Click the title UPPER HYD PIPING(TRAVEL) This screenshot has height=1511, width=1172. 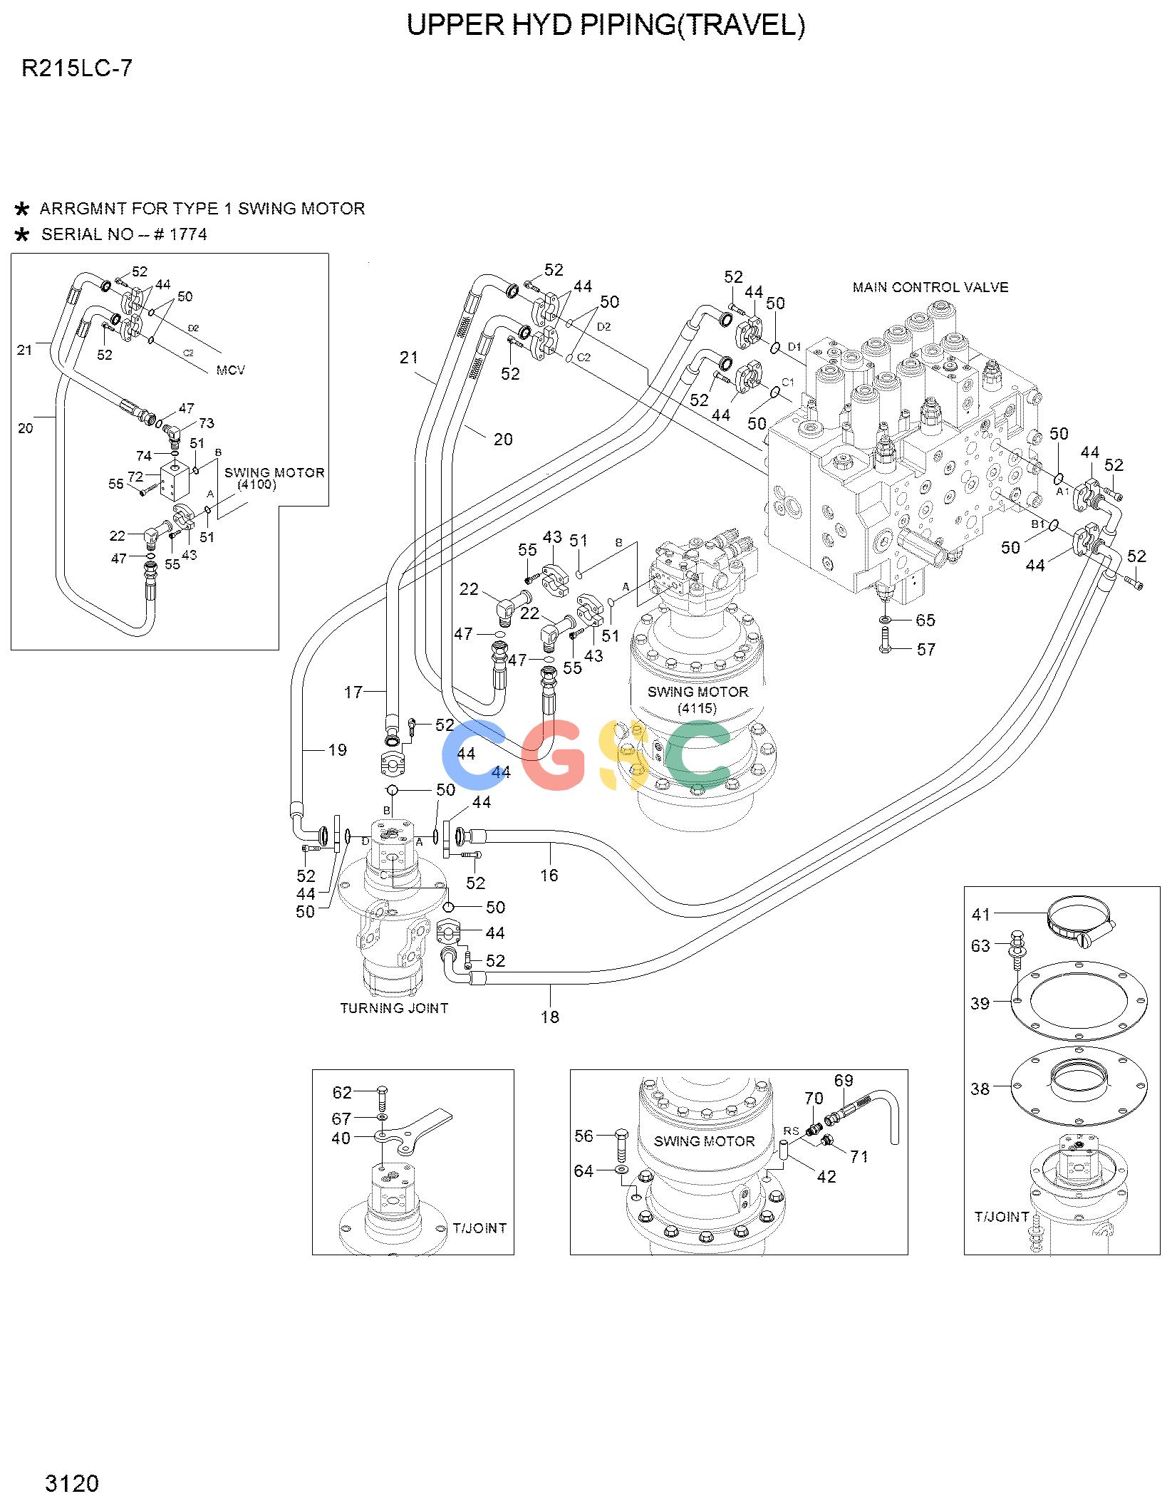click(605, 25)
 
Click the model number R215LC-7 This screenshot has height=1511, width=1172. click(77, 69)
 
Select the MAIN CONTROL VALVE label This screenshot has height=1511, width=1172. click(930, 287)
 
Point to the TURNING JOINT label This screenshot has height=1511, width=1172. click(394, 1008)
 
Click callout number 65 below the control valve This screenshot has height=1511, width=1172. click(925, 620)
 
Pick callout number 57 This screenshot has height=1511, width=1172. click(925, 649)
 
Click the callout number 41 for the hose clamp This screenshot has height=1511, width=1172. click(981, 914)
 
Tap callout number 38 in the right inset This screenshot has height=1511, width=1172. click(980, 1089)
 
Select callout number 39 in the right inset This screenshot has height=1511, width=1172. click(980, 1003)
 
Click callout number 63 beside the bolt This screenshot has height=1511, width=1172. click(980, 945)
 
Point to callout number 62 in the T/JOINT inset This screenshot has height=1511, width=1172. click(342, 1092)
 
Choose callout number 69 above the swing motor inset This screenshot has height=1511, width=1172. click(844, 1081)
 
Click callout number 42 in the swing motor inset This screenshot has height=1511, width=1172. click(826, 1177)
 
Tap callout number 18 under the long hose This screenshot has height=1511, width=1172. click(550, 1017)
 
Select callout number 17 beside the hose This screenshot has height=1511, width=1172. click(353, 692)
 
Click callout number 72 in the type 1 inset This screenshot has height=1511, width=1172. click(135, 477)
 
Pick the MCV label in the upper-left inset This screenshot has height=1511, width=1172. click(230, 370)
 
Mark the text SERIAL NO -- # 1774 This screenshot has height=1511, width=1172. click(124, 234)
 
